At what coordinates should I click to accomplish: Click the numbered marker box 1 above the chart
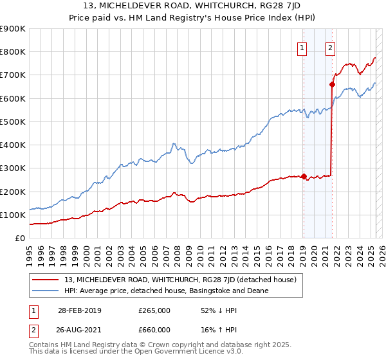click(302, 47)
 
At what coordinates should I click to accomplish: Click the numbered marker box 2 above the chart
click(330, 47)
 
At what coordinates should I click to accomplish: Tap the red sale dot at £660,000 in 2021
click(333, 84)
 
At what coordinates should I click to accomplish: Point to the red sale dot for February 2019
click(304, 177)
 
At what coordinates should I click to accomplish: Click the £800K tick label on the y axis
click(13, 52)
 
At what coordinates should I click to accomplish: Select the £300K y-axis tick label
click(13, 168)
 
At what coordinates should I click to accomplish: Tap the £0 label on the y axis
click(20, 239)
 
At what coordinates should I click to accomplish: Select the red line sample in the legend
click(46, 280)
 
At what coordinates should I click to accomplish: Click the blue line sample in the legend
click(46, 291)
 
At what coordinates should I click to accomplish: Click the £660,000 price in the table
click(154, 330)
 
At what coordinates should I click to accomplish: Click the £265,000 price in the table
click(154, 310)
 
